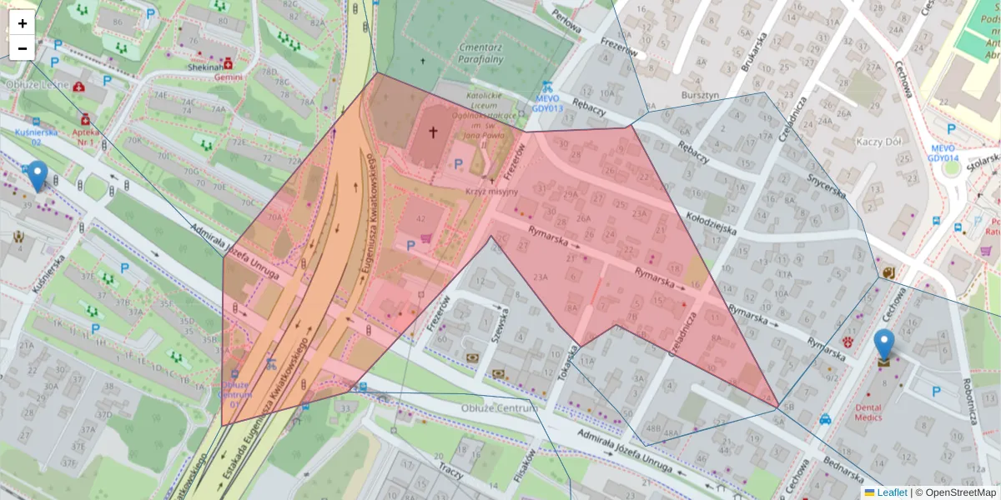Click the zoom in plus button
[x=23, y=23]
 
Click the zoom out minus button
[x=23, y=48]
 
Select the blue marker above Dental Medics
[x=883, y=345]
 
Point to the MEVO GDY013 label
[x=546, y=103]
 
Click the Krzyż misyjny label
[x=492, y=192]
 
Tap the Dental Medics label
[x=873, y=413]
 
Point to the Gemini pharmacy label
[x=228, y=77]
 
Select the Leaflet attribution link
[x=891, y=492]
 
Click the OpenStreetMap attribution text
[x=955, y=492]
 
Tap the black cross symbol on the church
[x=433, y=132]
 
